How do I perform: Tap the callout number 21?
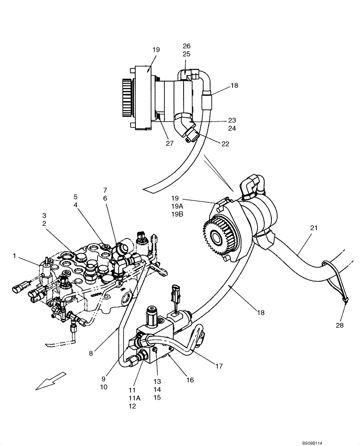pyautogui.click(x=314, y=227)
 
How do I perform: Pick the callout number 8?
pyautogui.click(x=91, y=354)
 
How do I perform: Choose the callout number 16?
pyautogui.click(x=190, y=380)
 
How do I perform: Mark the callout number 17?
pyautogui.click(x=219, y=367)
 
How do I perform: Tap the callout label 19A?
pyautogui.click(x=177, y=206)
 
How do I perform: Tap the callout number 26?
pyautogui.click(x=186, y=46)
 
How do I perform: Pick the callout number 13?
pyautogui.click(x=157, y=382)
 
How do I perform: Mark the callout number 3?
pyautogui.click(x=44, y=215)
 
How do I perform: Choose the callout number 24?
pyautogui.click(x=232, y=128)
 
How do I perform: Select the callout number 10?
pyautogui.click(x=103, y=387)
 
